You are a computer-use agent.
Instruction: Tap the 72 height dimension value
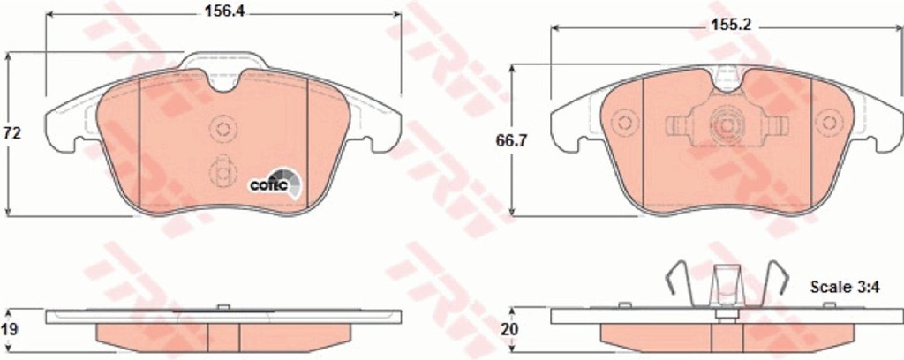pyautogui.click(x=12, y=133)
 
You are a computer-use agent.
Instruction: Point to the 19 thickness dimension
pyautogui.click(x=11, y=329)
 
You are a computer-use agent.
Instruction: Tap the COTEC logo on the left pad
pyautogui.click(x=275, y=184)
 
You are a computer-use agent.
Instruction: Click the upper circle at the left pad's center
pyautogui.click(x=223, y=127)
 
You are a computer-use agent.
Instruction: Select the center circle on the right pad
pyautogui.click(x=727, y=124)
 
